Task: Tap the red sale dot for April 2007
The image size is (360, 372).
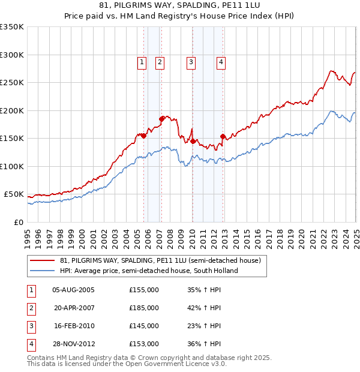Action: pos(161,119)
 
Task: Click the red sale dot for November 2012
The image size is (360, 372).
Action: pos(223,137)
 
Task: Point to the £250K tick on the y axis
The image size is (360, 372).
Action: pos(12,83)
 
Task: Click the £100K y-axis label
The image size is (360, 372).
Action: pos(12,166)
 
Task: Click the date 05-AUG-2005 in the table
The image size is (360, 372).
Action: pos(74,290)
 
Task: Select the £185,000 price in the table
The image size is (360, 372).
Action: pos(144,308)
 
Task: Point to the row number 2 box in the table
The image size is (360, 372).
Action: pos(31,308)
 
